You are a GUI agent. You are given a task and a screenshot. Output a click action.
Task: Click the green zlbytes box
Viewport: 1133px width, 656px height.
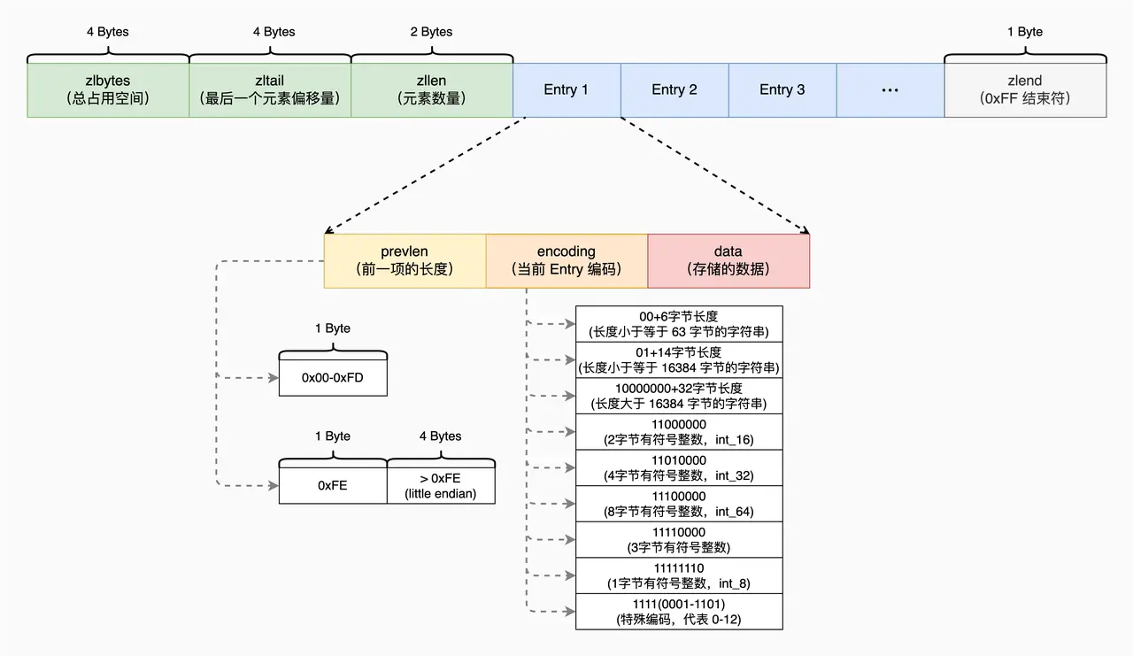[x=108, y=89]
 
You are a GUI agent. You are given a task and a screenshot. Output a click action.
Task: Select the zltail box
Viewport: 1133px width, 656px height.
[x=270, y=89]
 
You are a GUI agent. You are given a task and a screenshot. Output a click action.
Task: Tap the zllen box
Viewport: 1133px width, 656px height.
[x=432, y=89]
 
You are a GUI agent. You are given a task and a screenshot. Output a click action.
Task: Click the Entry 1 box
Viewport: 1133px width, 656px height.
[x=566, y=89]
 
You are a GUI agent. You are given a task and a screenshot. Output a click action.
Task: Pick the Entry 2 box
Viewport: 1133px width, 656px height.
[x=674, y=89]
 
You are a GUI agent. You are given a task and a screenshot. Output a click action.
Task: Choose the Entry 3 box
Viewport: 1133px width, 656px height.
[x=782, y=89]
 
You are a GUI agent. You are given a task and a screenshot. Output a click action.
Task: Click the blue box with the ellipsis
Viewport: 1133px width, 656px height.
[x=890, y=89]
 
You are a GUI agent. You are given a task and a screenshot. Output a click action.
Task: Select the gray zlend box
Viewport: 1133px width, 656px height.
[x=1025, y=89]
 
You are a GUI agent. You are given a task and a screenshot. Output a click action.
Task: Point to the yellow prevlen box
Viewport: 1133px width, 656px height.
[x=405, y=260]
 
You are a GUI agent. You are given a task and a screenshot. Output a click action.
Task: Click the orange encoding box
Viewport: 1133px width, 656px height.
[x=566, y=260]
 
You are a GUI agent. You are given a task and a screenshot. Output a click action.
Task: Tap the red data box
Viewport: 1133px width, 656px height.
[x=728, y=260]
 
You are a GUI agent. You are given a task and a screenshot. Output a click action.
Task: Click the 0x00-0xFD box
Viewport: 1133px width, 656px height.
[x=333, y=377]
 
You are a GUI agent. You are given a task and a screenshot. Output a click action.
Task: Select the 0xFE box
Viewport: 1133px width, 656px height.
[x=333, y=485]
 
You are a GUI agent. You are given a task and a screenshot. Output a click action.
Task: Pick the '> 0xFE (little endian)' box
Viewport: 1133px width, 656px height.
[x=441, y=485]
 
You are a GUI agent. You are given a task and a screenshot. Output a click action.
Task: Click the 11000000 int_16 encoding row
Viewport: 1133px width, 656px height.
[x=679, y=431]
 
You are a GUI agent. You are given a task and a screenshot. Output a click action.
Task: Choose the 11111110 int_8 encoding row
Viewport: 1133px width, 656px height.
[x=679, y=575]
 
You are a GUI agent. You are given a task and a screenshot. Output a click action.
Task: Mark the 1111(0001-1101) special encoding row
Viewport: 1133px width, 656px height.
[x=679, y=612]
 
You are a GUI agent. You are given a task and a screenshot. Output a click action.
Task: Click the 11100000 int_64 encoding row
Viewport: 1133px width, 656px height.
[x=679, y=503]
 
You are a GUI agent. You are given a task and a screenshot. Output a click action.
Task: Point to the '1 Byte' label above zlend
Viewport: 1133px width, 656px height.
[x=1025, y=32]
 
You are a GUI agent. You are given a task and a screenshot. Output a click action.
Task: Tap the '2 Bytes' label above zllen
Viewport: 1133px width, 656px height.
[x=432, y=32]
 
